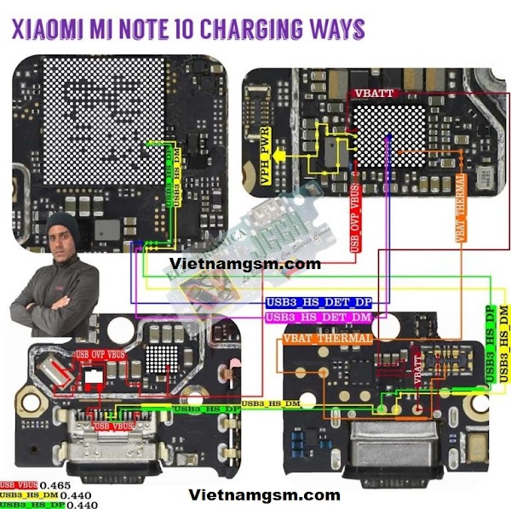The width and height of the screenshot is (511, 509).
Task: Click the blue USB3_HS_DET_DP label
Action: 319,302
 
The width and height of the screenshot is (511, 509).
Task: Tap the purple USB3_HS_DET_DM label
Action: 319,317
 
